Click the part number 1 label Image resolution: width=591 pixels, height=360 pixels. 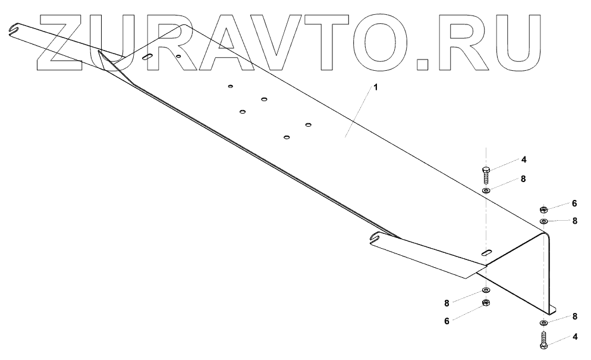click(375, 87)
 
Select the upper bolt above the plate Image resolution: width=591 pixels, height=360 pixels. click(485, 174)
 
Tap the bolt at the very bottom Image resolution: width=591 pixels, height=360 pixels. click(543, 341)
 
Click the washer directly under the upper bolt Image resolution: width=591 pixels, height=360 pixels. click(486, 190)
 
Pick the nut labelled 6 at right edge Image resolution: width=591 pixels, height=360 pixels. click(543, 209)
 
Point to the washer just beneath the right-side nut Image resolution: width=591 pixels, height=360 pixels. click(544, 221)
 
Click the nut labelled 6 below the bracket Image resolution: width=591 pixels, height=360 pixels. click(485, 303)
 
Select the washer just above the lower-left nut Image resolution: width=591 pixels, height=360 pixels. click(485, 290)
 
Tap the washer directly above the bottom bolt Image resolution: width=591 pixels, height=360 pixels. click(544, 323)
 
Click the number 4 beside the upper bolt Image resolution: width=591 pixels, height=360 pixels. click(524, 159)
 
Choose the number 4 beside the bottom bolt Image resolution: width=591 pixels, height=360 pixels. click(574, 336)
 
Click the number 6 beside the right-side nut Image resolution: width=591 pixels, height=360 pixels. click(574, 203)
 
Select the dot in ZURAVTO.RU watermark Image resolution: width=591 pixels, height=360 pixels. click(423, 64)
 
